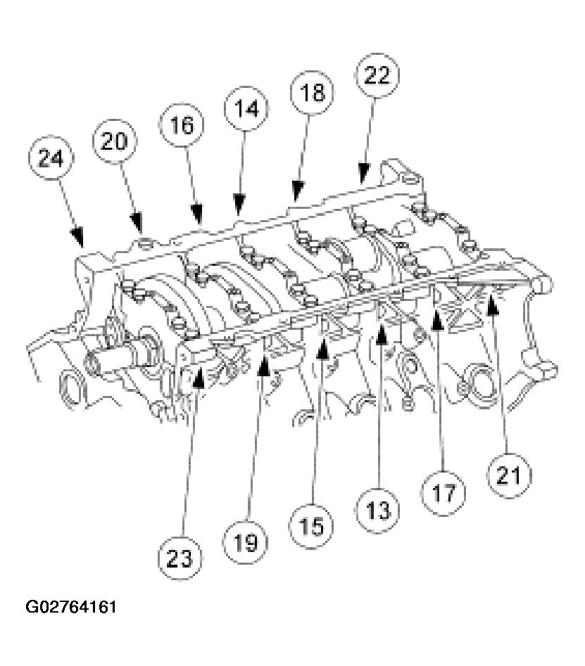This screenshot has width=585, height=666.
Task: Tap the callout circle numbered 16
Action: (x=181, y=125)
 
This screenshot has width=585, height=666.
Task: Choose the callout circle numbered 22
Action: (x=376, y=76)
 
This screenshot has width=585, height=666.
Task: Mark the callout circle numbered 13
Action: (x=378, y=508)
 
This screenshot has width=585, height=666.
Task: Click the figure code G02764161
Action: (x=70, y=606)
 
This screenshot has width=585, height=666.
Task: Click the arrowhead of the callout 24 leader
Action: (x=80, y=236)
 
